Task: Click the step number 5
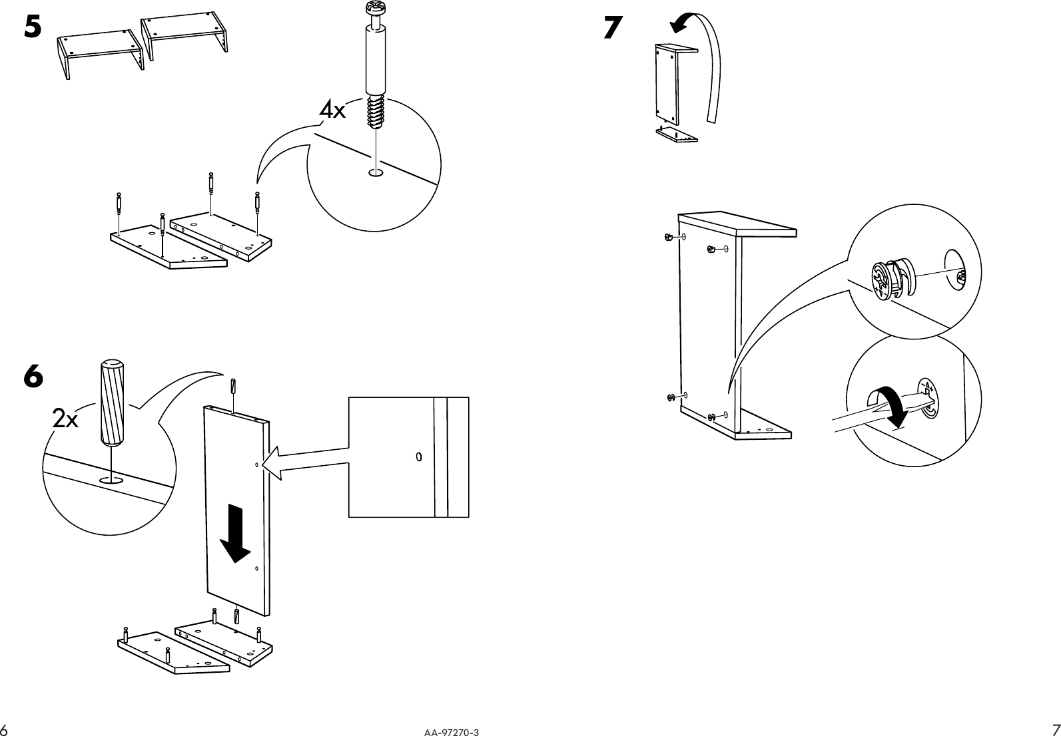click(33, 27)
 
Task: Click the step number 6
click(33, 377)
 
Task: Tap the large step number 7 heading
click(613, 27)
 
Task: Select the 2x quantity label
click(65, 420)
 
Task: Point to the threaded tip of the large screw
click(376, 112)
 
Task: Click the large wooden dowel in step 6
click(111, 403)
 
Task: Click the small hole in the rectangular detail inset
click(419, 457)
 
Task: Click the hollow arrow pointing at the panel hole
click(306, 461)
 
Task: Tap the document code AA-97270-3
click(451, 732)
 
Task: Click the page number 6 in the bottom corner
click(4, 728)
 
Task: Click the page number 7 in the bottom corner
click(1055, 728)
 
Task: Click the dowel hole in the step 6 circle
click(111, 479)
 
